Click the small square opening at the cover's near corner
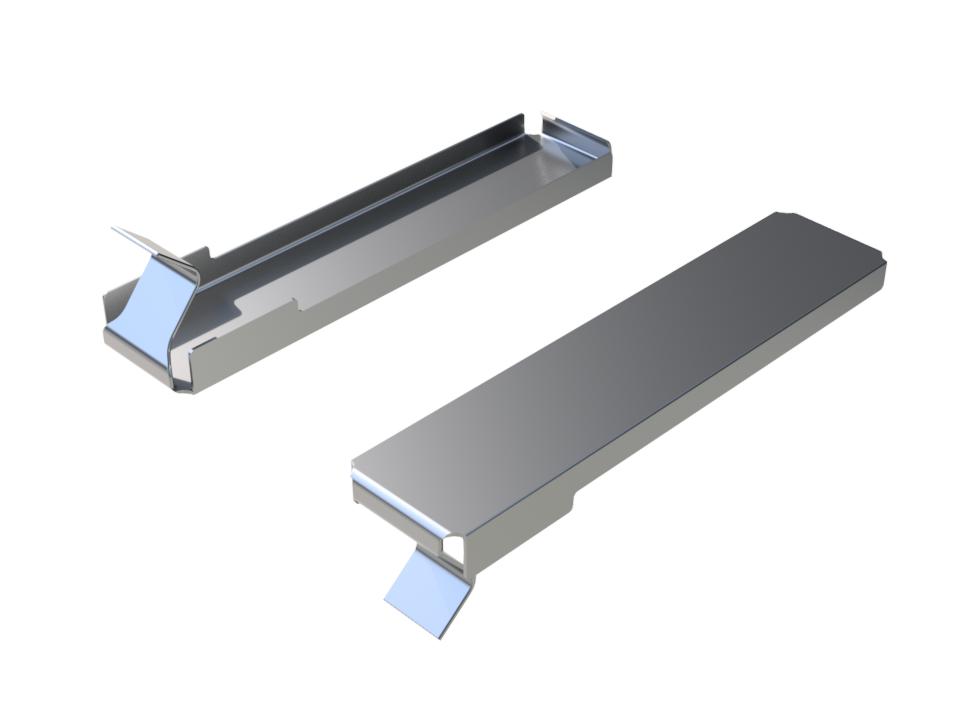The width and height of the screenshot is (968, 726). click(456, 547)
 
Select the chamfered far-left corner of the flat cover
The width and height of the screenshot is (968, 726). click(780, 216)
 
